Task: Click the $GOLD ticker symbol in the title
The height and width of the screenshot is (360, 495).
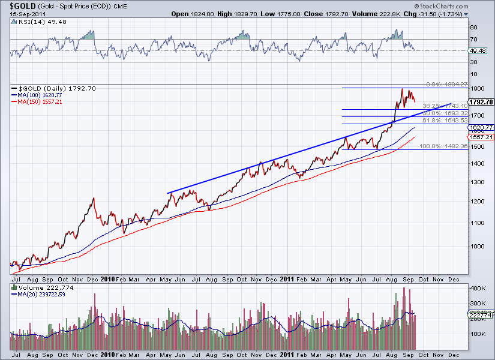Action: tap(13, 5)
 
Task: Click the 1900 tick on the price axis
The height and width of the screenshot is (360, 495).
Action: tap(478, 88)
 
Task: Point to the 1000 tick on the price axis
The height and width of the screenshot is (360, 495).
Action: tap(478, 246)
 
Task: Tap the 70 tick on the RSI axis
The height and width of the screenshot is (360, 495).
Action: tap(473, 39)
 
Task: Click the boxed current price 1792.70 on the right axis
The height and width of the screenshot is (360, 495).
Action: tap(481, 102)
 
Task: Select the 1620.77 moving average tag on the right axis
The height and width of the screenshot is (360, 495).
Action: tap(481, 128)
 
